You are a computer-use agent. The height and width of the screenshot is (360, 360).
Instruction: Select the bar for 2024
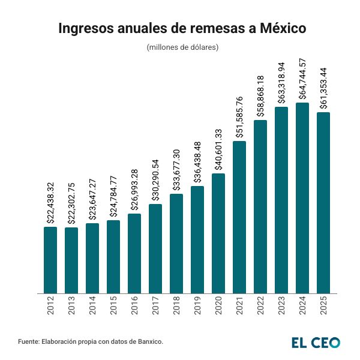tap(302, 198)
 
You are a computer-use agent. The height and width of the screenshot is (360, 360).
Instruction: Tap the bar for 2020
tap(218, 233)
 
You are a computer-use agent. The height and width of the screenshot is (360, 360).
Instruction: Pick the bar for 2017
tap(155, 248)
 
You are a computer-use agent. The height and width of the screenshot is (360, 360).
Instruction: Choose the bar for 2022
tap(260, 206)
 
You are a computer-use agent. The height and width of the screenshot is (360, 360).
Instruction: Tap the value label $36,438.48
tap(198, 162)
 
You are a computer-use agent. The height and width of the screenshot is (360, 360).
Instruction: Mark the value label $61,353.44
tap(324, 88)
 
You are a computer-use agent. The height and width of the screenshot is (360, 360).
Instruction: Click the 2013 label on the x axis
tap(71, 306)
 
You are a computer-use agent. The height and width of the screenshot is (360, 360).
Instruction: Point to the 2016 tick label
tap(134, 306)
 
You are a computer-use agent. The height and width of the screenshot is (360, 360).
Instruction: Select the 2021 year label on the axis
tap(239, 306)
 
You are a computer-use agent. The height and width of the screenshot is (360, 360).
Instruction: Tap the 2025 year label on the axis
tap(323, 306)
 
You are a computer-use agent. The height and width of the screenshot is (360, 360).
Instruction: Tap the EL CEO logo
tap(316, 342)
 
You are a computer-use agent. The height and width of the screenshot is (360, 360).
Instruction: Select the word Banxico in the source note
tap(147, 341)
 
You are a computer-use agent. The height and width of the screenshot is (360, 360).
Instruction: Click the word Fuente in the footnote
tap(28, 341)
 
